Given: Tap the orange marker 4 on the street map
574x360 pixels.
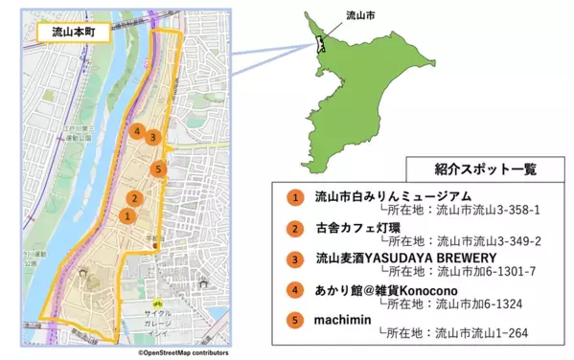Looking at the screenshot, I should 139,131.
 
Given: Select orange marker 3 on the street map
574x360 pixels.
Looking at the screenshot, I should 153,137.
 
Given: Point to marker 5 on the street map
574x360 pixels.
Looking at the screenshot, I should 160,169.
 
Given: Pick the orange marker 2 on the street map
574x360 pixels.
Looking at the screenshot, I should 136,199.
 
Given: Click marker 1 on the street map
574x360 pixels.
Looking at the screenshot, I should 126,216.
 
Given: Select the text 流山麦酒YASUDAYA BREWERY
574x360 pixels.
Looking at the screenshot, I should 405,258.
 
